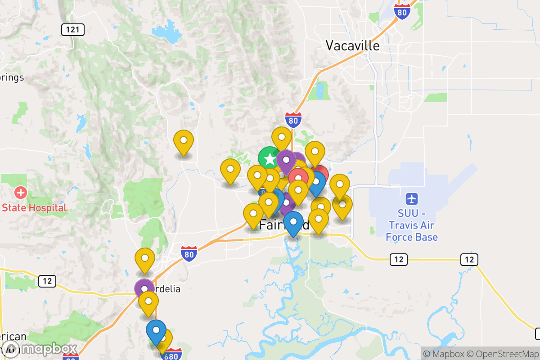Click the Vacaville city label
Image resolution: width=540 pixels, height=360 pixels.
352,45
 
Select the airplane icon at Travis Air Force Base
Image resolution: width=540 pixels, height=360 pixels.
411,198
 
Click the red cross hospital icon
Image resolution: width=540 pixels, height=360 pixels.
20,193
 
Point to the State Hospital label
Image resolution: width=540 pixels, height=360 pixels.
34,207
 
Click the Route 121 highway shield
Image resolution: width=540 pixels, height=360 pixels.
72,30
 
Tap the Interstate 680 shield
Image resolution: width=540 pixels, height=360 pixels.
171,354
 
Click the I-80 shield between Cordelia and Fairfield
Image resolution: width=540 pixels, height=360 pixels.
189,254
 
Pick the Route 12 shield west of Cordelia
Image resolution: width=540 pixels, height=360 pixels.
47,281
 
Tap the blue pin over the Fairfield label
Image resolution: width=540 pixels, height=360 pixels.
293,222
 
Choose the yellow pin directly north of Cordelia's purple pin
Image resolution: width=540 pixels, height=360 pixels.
145,259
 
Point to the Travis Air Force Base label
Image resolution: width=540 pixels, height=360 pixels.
411,225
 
